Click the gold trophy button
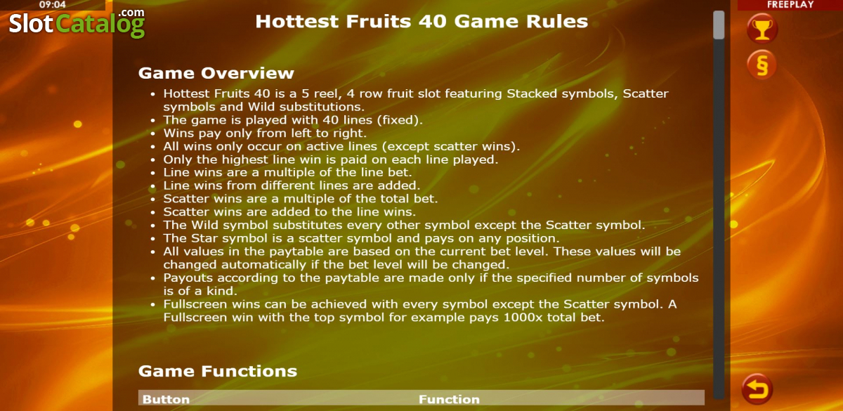pyautogui.click(x=762, y=29)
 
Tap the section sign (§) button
pyautogui.click(x=762, y=65)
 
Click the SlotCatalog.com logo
pyautogui.click(x=77, y=23)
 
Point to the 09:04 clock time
pyautogui.click(x=52, y=5)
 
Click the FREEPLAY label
pyautogui.click(x=790, y=4)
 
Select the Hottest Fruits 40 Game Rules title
pyautogui.click(x=421, y=22)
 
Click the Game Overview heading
pyautogui.click(x=216, y=73)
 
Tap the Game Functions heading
pyautogui.click(x=218, y=371)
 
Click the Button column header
pyautogui.click(x=166, y=399)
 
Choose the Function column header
pyautogui.click(x=449, y=399)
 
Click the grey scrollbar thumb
pyautogui.click(x=719, y=25)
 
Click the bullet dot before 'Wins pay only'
pyautogui.click(x=153, y=133)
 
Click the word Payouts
pyautogui.click(x=188, y=278)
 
